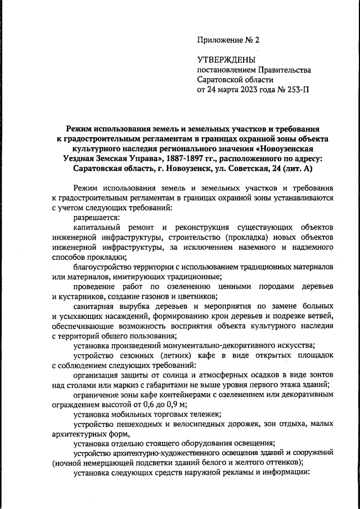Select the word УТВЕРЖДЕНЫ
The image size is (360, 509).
226,60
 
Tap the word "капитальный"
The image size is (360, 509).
100,227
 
